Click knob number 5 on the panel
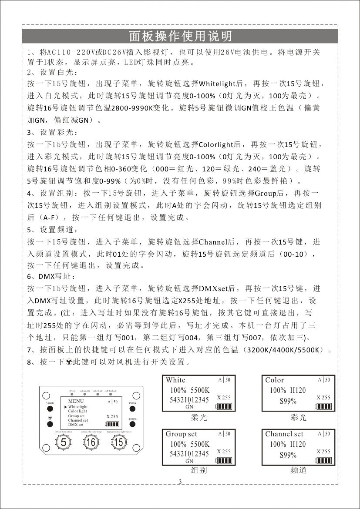(64, 443)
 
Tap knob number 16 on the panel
(91, 443)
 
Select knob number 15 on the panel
(118, 443)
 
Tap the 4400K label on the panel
(133, 419)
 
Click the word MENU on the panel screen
(76, 401)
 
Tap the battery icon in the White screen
(224, 406)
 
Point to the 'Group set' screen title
(182, 434)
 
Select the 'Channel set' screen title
(284, 434)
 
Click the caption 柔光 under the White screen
(199, 418)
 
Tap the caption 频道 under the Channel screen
(298, 470)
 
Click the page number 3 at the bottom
(180, 481)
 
